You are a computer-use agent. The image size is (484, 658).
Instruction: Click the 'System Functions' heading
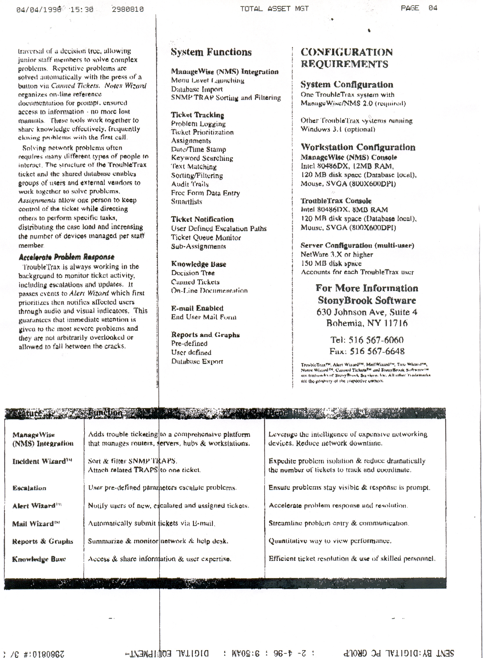(211, 52)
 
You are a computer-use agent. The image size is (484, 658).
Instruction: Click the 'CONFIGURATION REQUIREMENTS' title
(346, 58)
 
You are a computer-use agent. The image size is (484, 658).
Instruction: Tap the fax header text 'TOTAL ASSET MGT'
(274, 9)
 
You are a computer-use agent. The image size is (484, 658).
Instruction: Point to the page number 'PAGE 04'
(419, 8)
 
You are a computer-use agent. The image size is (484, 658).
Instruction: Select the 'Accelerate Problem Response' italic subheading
(66, 257)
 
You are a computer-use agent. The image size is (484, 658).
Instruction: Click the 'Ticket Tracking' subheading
(197, 115)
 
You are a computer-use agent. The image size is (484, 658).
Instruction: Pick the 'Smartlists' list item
(186, 202)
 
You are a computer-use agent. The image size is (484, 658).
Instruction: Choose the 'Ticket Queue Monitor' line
(206, 237)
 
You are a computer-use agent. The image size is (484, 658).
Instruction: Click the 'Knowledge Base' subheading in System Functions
(198, 264)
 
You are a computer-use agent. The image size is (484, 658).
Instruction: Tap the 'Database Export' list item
(197, 361)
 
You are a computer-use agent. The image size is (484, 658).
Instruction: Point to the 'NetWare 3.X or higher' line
(337, 254)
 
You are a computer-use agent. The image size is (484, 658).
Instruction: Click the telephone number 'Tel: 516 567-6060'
(367, 340)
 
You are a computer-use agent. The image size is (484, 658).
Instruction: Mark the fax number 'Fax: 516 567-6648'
(367, 351)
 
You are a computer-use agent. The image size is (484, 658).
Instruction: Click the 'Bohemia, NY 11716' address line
(367, 323)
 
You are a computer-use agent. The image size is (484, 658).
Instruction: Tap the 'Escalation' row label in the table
(29, 488)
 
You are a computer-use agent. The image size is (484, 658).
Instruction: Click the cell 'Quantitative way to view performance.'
(330, 541)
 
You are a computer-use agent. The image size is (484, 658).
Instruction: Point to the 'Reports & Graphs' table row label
(42, 541)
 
